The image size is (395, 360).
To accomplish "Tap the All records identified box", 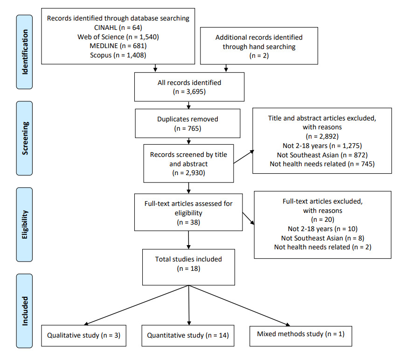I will click(x=189, y=87).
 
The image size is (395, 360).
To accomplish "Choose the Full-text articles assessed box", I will click(x=188, y=213).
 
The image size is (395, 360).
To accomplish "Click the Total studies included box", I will click(x=188, y=264).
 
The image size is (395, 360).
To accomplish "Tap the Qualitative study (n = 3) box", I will click(x=84, y=335).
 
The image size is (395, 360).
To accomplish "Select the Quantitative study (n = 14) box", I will click(x=189, y=335).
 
